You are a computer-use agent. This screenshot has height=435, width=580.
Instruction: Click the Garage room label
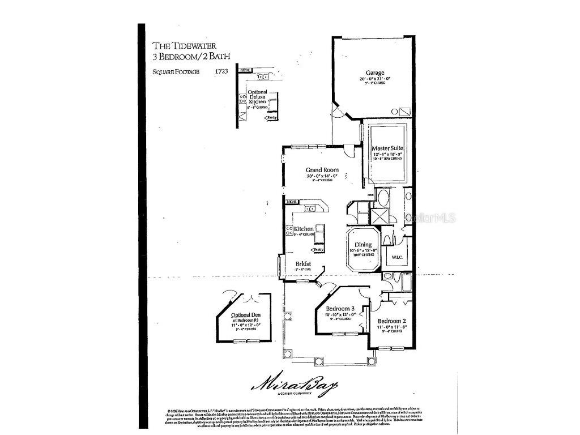click(x=375, y=72)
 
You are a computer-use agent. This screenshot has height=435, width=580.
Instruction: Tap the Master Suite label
click(x=387, y=148)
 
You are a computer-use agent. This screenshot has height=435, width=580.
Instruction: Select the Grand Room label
click(x=322, y=169)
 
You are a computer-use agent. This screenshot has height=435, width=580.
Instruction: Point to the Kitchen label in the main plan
click(x=304, y=229)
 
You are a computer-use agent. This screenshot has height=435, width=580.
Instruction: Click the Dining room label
click(x=363, y=245)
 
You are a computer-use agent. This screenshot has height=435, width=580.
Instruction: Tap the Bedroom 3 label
click(x=340, y=308)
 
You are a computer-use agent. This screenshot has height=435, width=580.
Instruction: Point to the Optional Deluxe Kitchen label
click(x=258, y=97)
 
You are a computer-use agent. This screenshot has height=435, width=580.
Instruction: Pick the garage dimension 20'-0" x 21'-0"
click(x=375, y=79)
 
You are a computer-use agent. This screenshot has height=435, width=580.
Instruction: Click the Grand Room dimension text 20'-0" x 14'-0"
click(x=322, y=176)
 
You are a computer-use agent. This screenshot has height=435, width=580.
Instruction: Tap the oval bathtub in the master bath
click(x=383, y=199)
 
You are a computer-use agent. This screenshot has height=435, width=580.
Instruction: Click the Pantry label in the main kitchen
click(x=318, y=250)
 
